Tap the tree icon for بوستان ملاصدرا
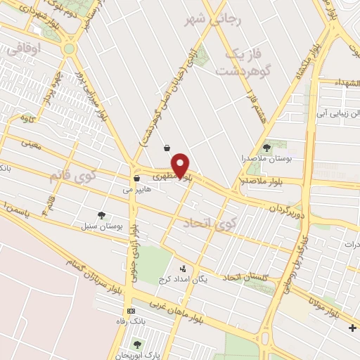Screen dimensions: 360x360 point(266,147)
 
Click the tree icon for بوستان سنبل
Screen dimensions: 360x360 point(102,216)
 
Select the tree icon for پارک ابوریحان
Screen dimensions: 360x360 point(136,345)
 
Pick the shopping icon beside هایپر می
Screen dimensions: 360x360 point(136,179)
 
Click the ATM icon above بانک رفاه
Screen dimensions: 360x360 point(131,311)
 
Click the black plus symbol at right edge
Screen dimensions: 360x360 point(352,328)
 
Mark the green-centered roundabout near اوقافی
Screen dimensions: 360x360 point(68,49)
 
